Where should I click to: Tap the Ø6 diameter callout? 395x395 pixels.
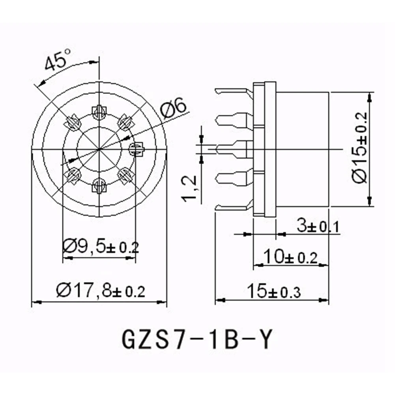pyautogui.click(x=174, y=108)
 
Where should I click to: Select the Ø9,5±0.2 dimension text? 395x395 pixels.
pyautogui.click(x=101, y=247)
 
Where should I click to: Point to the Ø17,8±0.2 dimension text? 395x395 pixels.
pyautogui.click(x=101, y=292)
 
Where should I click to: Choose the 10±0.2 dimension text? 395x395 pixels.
pyautogui.click(x=291, y=257)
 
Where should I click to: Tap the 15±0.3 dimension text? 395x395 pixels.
pyautogui.click(x=274, y=292)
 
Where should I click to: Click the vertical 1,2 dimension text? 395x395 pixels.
pyautogui.click(x=191, y=189)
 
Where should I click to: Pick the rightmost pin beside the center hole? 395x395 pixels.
pyautogui.click(x=135, y=149)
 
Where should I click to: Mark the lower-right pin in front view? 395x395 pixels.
pyautogui.click(x=125, y=175)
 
